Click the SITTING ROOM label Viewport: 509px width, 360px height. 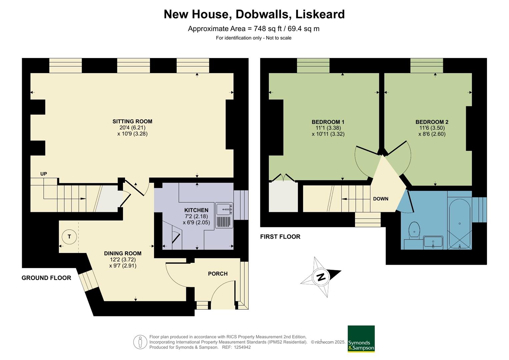click(x=132, y=122)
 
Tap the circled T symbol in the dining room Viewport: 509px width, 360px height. click(x=69, y=237)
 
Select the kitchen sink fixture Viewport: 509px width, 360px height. click(x=224, y=209)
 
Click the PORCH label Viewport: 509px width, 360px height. click(x=218, y=274)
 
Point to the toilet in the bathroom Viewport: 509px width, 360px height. click(x=414, y=230)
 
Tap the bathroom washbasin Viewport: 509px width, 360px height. click(x=433, y=242)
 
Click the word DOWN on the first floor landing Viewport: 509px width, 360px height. click(x=380, y=199)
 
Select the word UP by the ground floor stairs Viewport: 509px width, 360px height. click(x=44, y=174)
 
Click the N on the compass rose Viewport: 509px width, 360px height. click(x=321, y=277)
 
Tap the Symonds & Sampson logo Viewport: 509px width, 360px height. click(x=361, y=339)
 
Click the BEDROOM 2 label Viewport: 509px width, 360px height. click(x=432, y=122)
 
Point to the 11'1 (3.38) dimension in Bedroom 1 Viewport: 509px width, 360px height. click(x=328, y=128)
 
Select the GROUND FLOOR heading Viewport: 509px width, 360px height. click(x=46, y=278)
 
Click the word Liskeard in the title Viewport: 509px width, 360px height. click(x=320, y=14)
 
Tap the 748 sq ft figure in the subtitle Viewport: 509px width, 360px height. click(x=266, y=29)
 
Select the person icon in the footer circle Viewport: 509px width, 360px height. click(x=140, y=342)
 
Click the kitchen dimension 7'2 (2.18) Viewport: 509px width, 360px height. click(x=196, y=216)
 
